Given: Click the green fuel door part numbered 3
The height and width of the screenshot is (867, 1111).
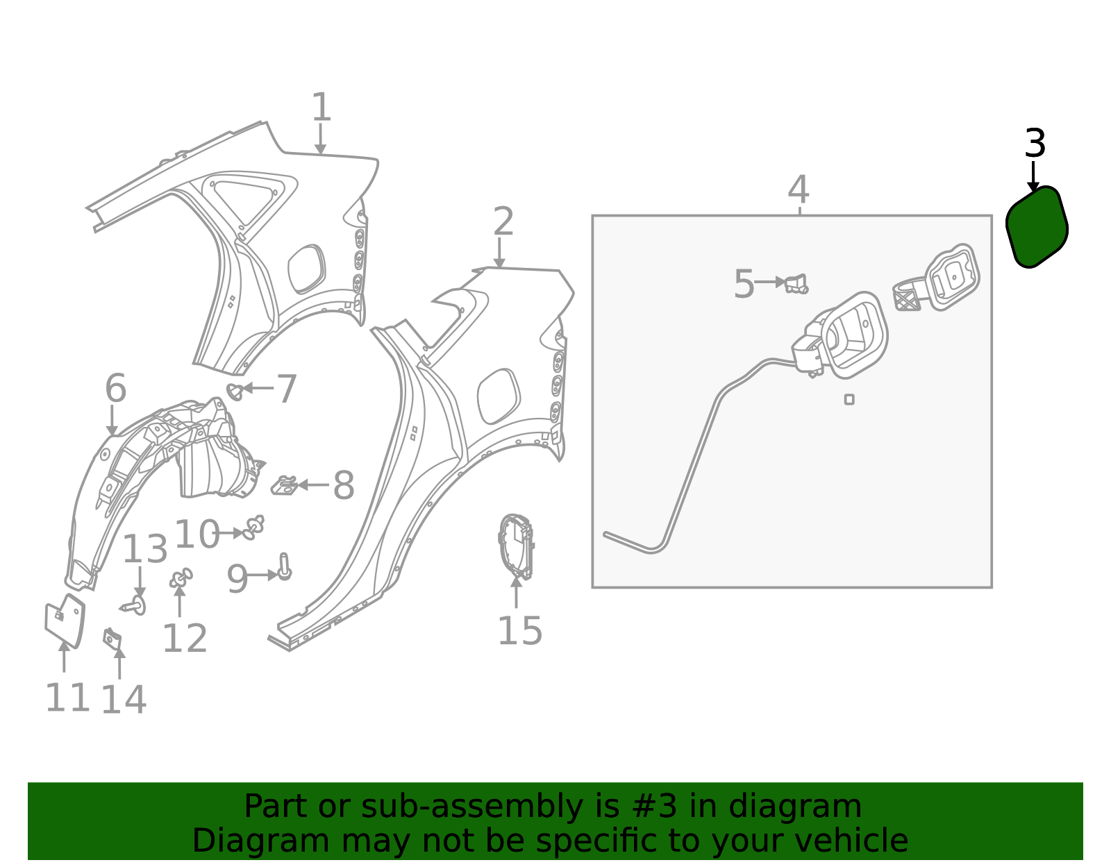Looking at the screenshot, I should click(x=1037, y=226).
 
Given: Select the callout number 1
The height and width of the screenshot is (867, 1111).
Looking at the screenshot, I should click(x=321, y=108).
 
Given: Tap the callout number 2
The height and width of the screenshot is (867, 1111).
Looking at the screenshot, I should click(x=503, y=222).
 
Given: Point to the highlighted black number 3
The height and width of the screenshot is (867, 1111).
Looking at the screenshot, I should click(x=1035, y=144).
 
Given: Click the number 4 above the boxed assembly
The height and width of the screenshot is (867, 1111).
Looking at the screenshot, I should click(x=799, y=190).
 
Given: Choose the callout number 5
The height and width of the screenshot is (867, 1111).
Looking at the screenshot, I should click(x=744, y=285).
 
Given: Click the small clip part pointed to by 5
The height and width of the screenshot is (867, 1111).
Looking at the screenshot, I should click(x=796, y=285).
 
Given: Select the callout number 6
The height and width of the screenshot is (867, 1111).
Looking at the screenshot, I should click(x=115, y=388).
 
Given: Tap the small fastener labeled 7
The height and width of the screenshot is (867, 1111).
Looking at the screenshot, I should click(x=235, y=392).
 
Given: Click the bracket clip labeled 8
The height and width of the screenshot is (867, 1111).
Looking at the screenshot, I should click(x=284, y=485).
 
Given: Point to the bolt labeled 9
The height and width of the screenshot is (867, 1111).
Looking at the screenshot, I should click(x=284, y=567).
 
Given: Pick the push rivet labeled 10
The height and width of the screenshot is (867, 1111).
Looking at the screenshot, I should click(x=253, y=528).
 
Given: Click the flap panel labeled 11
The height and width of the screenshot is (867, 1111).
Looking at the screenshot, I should click(x=65, y=620).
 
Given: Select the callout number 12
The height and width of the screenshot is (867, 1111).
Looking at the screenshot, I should click(x=185, y=639).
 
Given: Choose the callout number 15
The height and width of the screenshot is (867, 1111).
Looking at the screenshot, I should click(x=519, y=631).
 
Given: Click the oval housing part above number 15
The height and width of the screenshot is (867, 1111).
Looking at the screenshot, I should click(x=516, y=546).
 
